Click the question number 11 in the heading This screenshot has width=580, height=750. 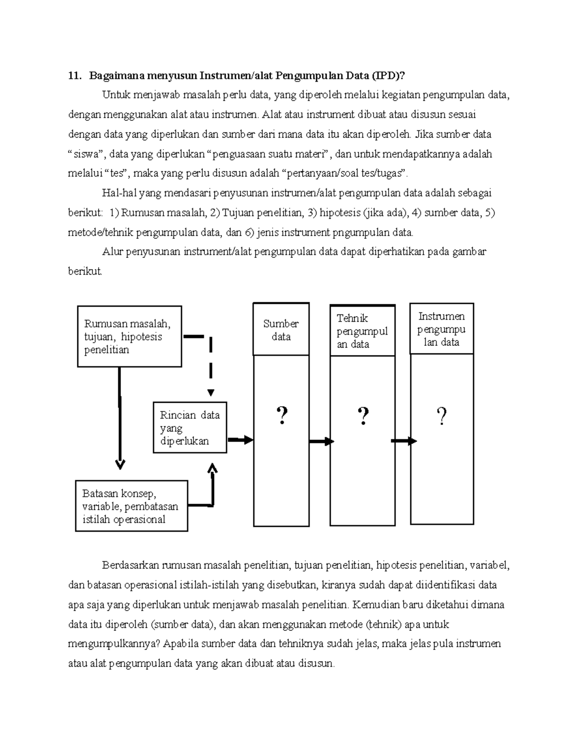73,75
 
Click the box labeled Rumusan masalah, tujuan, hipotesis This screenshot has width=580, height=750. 130,337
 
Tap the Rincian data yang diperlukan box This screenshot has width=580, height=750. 190,428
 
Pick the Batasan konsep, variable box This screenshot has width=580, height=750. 131,506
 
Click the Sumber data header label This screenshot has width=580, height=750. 281,330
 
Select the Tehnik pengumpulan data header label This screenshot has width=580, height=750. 362,331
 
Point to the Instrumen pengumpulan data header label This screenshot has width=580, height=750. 441,329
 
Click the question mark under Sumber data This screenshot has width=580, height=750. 282,416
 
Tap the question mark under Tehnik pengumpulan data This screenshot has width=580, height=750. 363,416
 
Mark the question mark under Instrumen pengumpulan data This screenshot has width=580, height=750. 441,416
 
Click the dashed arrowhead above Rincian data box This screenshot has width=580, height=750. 211,392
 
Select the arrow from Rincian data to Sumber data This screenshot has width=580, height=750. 240,440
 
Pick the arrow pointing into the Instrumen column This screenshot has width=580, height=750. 404,441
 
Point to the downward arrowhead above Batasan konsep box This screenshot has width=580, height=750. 120,465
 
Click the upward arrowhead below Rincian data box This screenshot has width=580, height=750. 212,468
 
